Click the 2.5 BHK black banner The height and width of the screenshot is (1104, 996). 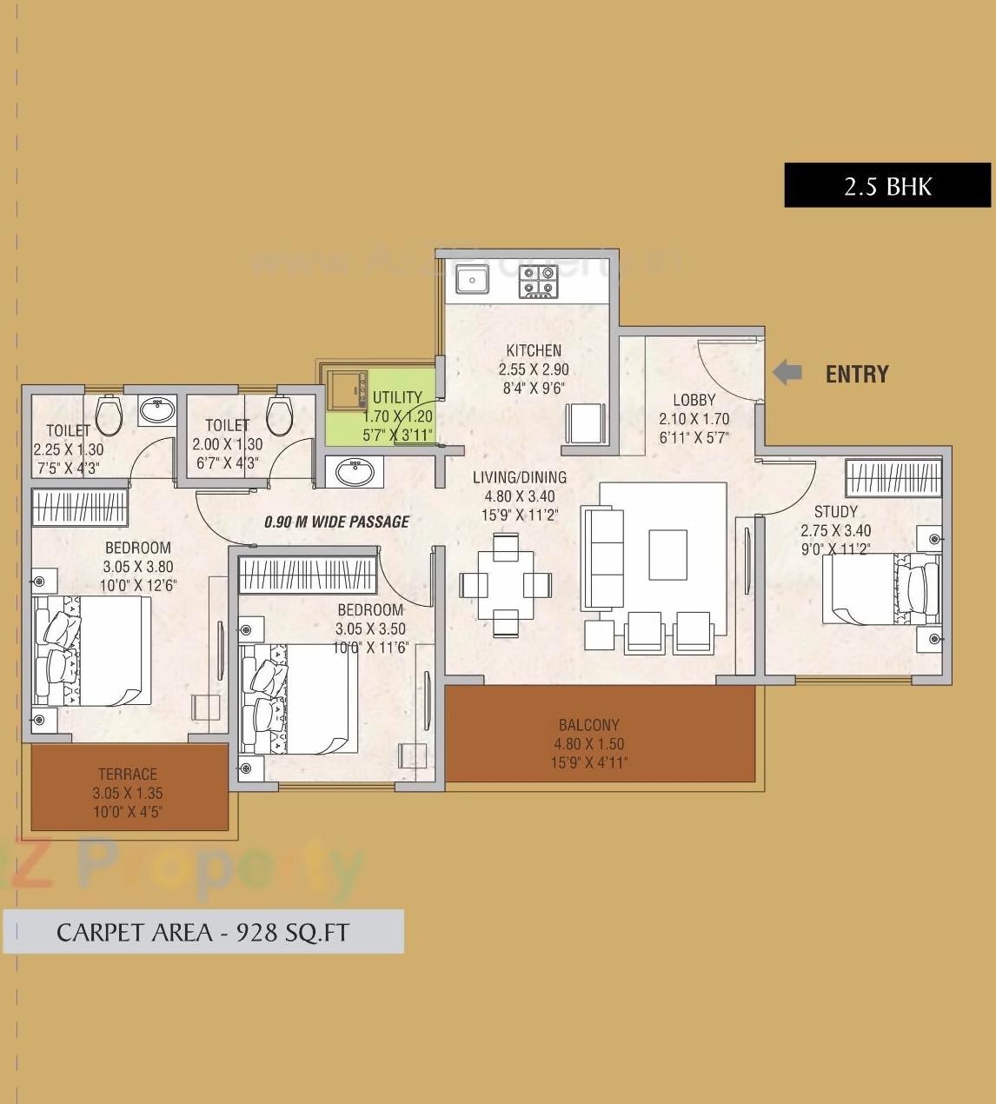click(887, 185)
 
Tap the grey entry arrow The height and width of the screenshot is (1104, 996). click(787, 373)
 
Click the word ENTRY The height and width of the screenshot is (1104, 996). click(856, 375)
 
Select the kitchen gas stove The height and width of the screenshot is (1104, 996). click(538, 283)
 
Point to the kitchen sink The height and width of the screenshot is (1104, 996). click(473, 280)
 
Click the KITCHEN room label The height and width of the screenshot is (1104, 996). click(534, 350)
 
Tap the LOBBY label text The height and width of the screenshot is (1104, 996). click(694, 400)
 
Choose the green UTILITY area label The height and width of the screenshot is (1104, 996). click(397, 398)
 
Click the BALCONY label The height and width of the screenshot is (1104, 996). click(589, 725)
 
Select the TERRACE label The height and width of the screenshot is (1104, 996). click(128, 774)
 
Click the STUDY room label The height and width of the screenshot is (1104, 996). click(835, 512)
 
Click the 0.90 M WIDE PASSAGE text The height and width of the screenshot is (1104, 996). click(336, 522)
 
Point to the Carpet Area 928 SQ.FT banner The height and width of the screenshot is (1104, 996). click(203, 932)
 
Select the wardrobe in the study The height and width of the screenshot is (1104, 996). click(893, 477)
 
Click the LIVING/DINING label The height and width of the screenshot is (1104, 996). click(520, 477)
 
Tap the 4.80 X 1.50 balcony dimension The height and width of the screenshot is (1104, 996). click(589, 744)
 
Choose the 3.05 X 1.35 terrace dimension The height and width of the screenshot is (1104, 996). click(128, 793)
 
